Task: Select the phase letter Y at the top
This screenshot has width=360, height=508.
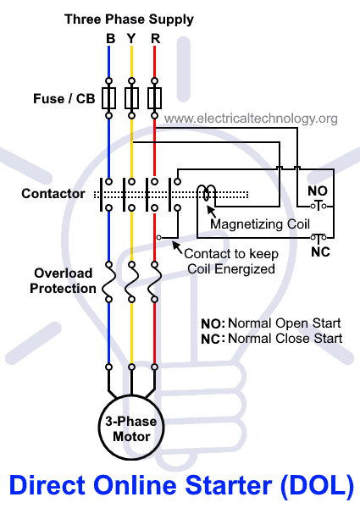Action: point(132,38)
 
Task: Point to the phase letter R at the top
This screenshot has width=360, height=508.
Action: point(153,38)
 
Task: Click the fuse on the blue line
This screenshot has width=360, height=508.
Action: point(109,99)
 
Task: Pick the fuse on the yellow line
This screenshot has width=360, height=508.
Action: point(131,99)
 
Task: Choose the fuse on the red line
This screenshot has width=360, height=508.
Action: point(153,99)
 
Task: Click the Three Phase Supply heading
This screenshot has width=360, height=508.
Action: point(129,19)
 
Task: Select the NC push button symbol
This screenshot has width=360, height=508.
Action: point(318,238)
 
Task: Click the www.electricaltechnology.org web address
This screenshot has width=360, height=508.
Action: point(251,118)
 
